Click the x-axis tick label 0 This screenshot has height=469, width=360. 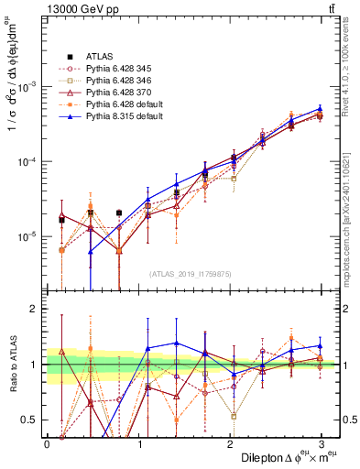coord(46,442)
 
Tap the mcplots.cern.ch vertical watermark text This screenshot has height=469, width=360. coord(352,211)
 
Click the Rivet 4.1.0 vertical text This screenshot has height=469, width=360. coord(352,69)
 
